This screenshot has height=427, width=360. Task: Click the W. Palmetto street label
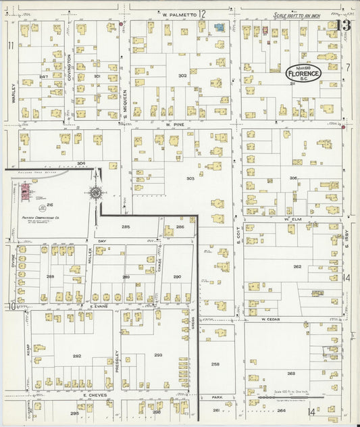pos(174,14)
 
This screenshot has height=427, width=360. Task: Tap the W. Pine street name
pos(175,124)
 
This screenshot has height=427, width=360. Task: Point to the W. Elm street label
pos(292,219)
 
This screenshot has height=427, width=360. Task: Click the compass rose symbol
pos(96,194)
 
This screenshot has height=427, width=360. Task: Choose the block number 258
pos(215,364)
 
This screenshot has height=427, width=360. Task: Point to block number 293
pos(158,355)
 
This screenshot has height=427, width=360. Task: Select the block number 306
pos(293,178)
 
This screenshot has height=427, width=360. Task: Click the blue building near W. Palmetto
pos(219,28)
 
